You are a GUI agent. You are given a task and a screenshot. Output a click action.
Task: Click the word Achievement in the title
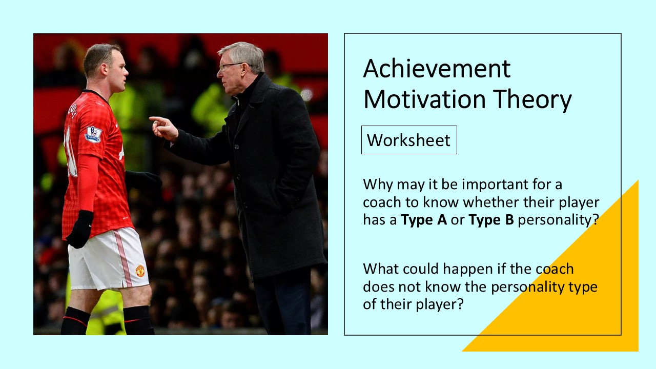click(437, 69)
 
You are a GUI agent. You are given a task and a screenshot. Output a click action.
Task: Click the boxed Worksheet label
click(409, 140)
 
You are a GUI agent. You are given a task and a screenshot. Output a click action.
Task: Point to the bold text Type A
click(424, 220)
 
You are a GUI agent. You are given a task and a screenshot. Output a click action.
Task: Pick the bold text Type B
click(491, 220)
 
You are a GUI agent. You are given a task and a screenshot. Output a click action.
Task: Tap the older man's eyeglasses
click(231, 66)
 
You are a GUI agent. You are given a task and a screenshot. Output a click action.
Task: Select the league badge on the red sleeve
click(93, 134)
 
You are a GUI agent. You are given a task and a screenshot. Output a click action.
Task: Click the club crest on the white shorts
click(140, 271)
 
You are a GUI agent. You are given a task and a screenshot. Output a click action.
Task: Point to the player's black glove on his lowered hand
click(79, 229)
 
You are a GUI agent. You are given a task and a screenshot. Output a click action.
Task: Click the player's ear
click(105, 69)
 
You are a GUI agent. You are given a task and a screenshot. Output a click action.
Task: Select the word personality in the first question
click(558, 220)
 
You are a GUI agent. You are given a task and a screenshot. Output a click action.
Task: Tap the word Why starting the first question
click(378, 185)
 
